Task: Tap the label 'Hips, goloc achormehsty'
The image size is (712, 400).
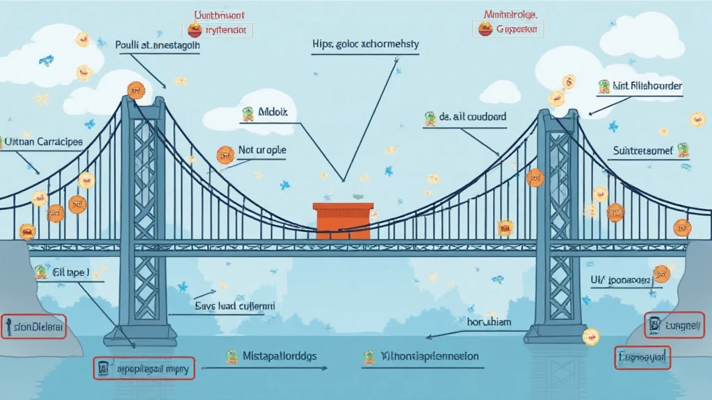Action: click(366, 44)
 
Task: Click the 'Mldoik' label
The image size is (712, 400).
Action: click(272, 112)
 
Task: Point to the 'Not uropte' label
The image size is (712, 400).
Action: click(261, 150)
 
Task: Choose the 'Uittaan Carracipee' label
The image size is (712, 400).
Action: click(43, 142)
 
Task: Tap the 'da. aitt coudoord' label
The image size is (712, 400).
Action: click(472, 118)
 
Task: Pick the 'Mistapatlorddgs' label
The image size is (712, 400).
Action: click(280, 356)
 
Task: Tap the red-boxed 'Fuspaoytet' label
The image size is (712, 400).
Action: click(643, 358)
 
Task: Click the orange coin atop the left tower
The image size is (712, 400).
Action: click(135, 90)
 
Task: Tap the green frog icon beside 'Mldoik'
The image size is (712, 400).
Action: click(246, 113)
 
